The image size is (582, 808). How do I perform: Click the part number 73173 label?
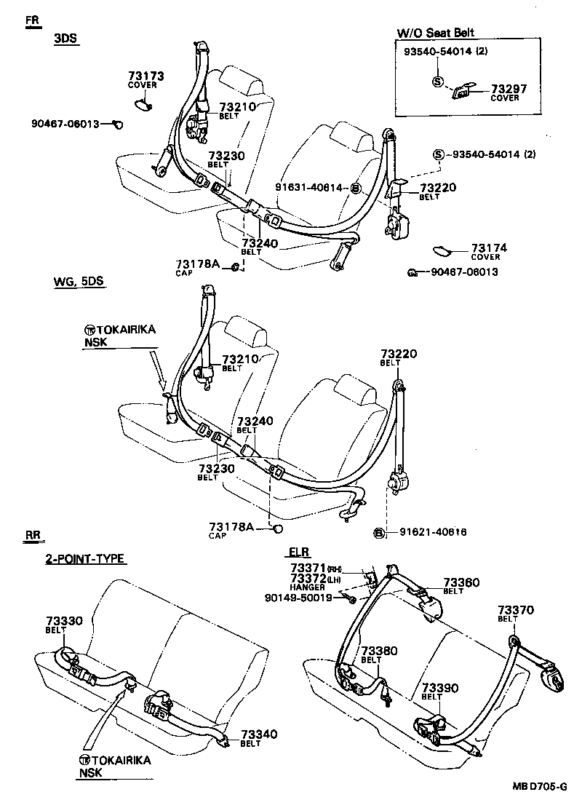145,76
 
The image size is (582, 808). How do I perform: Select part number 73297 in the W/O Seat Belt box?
509,88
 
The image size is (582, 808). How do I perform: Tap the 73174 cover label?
489,248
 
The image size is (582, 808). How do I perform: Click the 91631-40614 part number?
308,187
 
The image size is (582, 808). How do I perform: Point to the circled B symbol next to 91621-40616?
379,532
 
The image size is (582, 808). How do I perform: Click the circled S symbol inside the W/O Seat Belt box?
437,82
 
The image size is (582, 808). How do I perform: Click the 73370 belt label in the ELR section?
516,609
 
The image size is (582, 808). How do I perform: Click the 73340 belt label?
260,734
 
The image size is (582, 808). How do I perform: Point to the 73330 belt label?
65,621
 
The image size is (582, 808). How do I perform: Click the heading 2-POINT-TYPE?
86,559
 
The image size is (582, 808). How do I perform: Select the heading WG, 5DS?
79,281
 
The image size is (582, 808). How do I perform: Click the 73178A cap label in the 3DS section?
196,264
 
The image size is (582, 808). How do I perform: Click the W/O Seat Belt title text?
436,33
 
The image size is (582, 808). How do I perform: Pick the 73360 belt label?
462,582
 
